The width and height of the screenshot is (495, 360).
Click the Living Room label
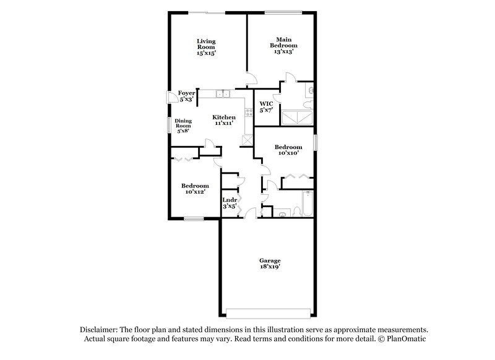(206, 48)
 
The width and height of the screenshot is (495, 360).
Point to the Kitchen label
(224, 120)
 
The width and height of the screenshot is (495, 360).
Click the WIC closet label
(265, 106)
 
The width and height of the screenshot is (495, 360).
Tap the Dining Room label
(183, 126)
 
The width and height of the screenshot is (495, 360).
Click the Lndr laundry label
(230, 203)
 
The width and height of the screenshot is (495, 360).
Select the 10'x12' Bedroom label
(194, 189)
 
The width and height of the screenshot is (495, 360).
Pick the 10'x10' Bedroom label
(288, 149)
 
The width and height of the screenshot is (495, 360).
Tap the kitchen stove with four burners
(249, 113)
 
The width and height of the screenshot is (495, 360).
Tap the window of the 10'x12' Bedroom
(194, 218)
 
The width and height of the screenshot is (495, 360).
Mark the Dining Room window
(169, 124)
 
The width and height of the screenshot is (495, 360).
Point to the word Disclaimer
(99, 330)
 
